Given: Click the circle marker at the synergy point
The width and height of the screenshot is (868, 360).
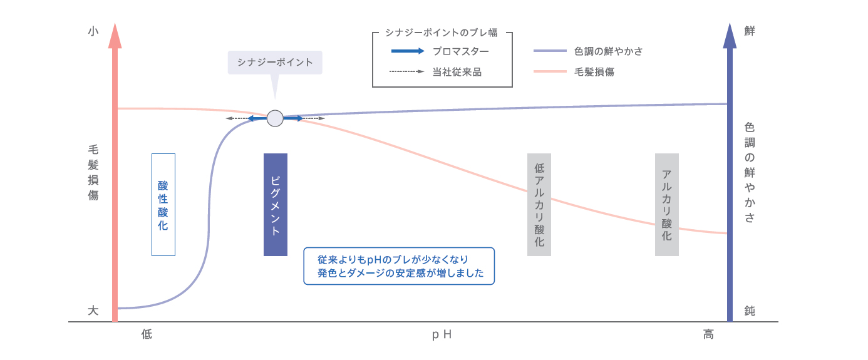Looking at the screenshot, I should pyautogui.click(x=275, y=118).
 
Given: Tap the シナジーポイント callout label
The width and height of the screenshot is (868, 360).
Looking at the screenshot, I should pyautogui.click(x=275, y=63).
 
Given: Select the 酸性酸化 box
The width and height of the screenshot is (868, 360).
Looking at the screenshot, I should pyautogui.click(x=163, y=204).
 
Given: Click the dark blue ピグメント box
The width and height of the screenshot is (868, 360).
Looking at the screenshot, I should pyautogui.click(x=276, y=204).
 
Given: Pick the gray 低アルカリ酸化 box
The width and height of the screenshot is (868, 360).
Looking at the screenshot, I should pyautogui.click(x=539, y=204).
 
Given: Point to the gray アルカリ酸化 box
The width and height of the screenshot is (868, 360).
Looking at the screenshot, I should pyautogui.click(x=667, y=204).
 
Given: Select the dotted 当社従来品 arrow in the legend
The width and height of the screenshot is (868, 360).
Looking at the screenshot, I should pyautogui.click(x=407, y=72).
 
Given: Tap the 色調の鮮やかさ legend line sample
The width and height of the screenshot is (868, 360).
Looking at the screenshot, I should pyautogui.click(x=550, y=51).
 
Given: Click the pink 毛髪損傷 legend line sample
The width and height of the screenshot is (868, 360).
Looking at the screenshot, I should pyautogui.click(x=550, y=72).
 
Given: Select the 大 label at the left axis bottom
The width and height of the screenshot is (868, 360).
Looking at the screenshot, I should pyautogui.click(x=93, y=310).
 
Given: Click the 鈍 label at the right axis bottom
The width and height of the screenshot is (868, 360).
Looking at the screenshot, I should pyautogui.click(x=749, y=310).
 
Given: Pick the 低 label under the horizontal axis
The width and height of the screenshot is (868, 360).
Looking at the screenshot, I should pyautogui.click(x=147, y=335).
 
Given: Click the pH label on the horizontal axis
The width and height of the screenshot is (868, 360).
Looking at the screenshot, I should pyautogui.click(x=442, y=335).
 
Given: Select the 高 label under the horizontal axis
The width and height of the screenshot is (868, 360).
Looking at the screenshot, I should pyautogui.click(x=708, y=335).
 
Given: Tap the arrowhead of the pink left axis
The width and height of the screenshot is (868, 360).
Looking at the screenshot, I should pyautogui.click(x=115, y=36).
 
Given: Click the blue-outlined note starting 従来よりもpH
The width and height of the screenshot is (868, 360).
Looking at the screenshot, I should pyautogui.click(x=399, y=266).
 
